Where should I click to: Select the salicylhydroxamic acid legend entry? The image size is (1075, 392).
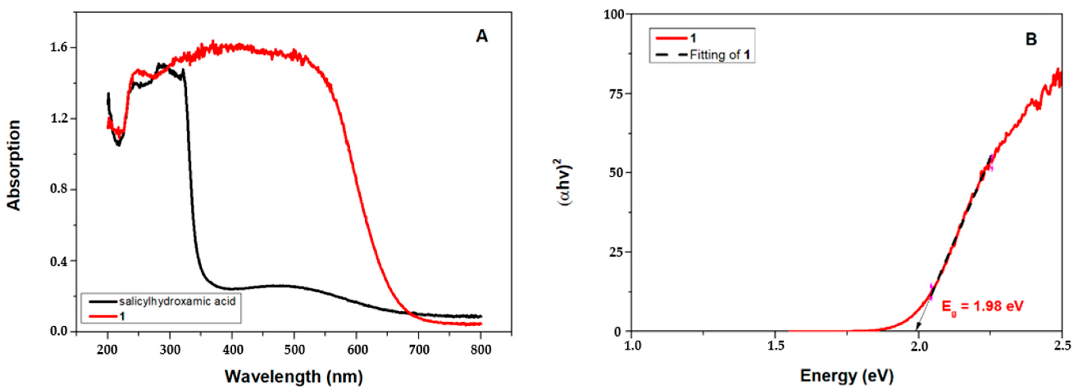tap(177, 301)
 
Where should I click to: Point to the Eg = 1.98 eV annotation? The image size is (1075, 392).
tap(982, 307)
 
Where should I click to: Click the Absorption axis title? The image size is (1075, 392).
tap(14, 165)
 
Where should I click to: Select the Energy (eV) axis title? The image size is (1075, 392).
tap(846, 376)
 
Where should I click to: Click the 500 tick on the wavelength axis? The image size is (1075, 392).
tap(294, 349)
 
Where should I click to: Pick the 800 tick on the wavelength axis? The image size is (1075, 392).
tap(481, 349)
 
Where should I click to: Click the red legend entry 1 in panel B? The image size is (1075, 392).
tap(693, 38)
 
